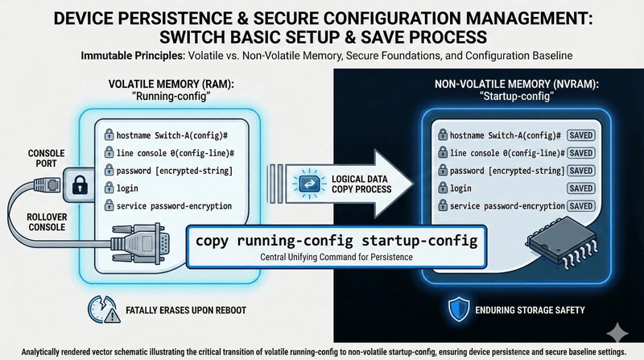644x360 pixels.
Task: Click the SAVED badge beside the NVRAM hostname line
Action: [x=582, y=134]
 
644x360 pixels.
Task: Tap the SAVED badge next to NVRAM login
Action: [x=582, y=188]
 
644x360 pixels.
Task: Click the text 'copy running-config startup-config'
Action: [x=336, y=241]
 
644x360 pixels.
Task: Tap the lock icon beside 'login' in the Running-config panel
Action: [x=107, y=188]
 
